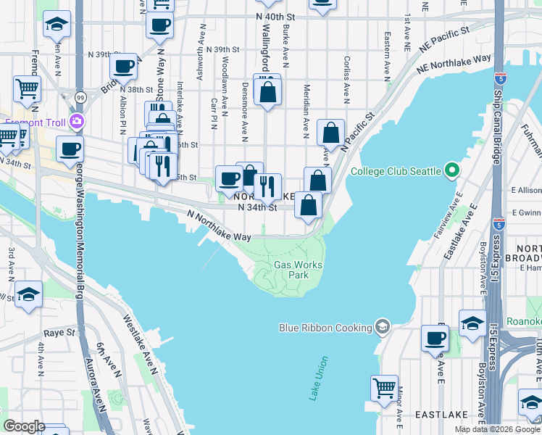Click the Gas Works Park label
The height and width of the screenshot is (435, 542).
click(x=298, y=270)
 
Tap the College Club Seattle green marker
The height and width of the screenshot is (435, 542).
click(x=453, y=171)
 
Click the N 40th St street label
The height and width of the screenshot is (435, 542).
click(x=277, y=15)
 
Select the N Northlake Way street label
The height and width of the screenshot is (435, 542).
click(x=219, y=225)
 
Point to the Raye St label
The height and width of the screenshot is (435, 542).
click(x=59, y=333)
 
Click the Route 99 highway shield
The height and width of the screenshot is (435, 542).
click(x=79, y=96)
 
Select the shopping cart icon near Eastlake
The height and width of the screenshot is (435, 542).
click(x=384, y=386)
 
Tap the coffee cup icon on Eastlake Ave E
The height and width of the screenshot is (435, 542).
click(x=435, y=338)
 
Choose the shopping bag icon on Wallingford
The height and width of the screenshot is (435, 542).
click(x=267, y=91)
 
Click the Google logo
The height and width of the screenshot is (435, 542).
click(x=24, y=426)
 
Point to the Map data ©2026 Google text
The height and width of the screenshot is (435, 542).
click(x=498, y=429)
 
